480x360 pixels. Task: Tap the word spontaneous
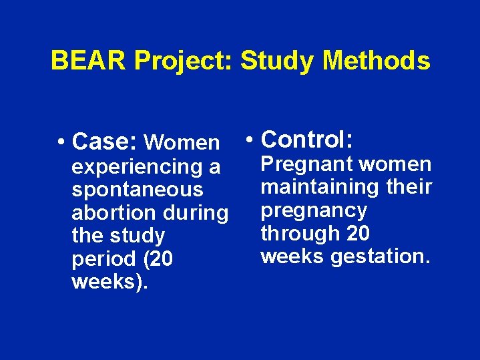137,190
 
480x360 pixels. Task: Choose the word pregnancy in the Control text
314,210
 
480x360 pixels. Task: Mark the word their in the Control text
409,187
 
